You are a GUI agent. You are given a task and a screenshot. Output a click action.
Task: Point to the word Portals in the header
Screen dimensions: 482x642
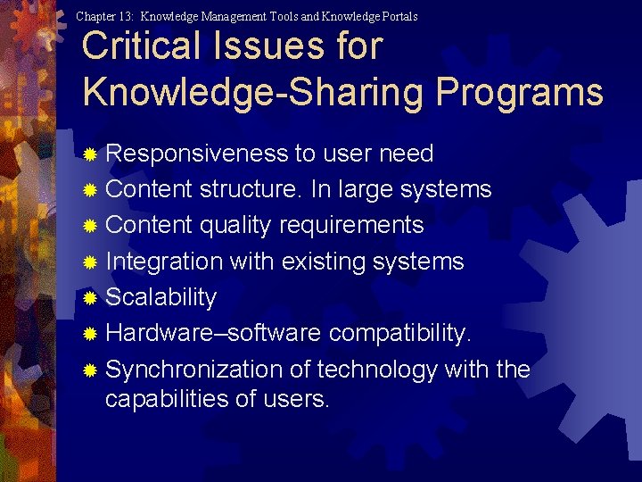[x=398, y=16]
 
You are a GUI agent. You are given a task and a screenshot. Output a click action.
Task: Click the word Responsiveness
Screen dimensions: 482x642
[x=198, y=154]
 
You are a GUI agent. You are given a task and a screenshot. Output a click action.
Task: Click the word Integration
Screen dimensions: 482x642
[x=164, y=262]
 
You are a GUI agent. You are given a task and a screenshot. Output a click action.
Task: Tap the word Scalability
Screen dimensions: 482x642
[x=160, y=297]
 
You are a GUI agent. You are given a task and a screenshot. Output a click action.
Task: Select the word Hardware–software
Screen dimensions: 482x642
[x=213, y=333]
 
